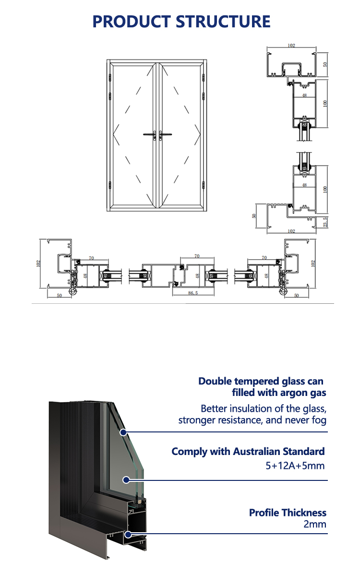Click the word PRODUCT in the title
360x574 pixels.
(x=132, y=22)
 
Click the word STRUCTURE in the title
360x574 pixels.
(x=223, y=22)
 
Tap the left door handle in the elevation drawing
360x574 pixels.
(x=150, y=135)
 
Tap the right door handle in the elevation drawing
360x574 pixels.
(x=165, y=135)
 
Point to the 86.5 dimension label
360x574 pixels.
(x=193, y=293)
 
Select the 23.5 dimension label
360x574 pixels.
(x=325, y=222)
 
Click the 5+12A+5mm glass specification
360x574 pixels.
(x=295, y=466)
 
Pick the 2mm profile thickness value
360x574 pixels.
(x=314, y=524)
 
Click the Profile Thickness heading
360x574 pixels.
(x=288, y=513)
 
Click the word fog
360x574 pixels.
(x=319, y=420)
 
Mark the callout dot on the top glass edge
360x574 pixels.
(x=123, y=432)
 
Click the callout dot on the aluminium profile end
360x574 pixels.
(x=128, y=535)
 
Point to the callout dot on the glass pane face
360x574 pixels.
(x=126, y=480)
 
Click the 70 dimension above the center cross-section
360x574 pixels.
(x=197, y=256)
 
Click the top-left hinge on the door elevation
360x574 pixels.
(x=110, y=78)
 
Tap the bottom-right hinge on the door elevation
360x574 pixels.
(x=203, y=185)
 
